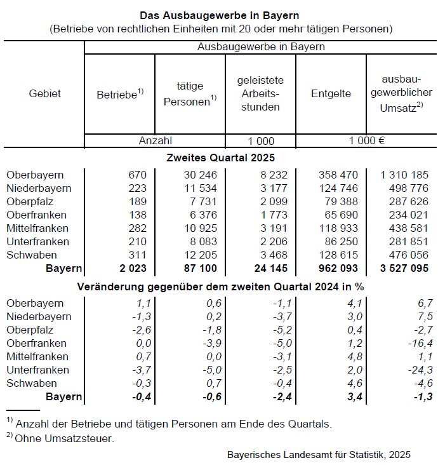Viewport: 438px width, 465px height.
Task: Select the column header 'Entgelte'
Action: (x=331, y=94)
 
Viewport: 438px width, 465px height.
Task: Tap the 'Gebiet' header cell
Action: (x=45, y=94)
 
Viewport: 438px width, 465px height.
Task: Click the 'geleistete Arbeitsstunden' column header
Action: (x=260, y=94)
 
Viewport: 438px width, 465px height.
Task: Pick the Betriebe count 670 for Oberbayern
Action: (x=137, y=175)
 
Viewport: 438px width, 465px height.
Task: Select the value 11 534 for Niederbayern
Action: (x=199, y=188)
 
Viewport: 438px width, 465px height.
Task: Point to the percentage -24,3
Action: (x=420, y=370)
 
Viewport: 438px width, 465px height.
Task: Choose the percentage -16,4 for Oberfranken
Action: (x=420, y=343)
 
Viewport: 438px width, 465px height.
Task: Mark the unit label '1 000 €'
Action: (x=365, y=141)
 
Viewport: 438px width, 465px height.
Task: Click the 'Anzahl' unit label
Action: (x=155, y=141)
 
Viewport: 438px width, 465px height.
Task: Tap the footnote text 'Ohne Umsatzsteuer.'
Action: (x=65, y=438)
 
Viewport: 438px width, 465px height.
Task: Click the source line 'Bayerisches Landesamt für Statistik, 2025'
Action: (x=319, y=454)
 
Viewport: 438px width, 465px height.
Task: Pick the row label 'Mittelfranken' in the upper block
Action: (x=37, y=228)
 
